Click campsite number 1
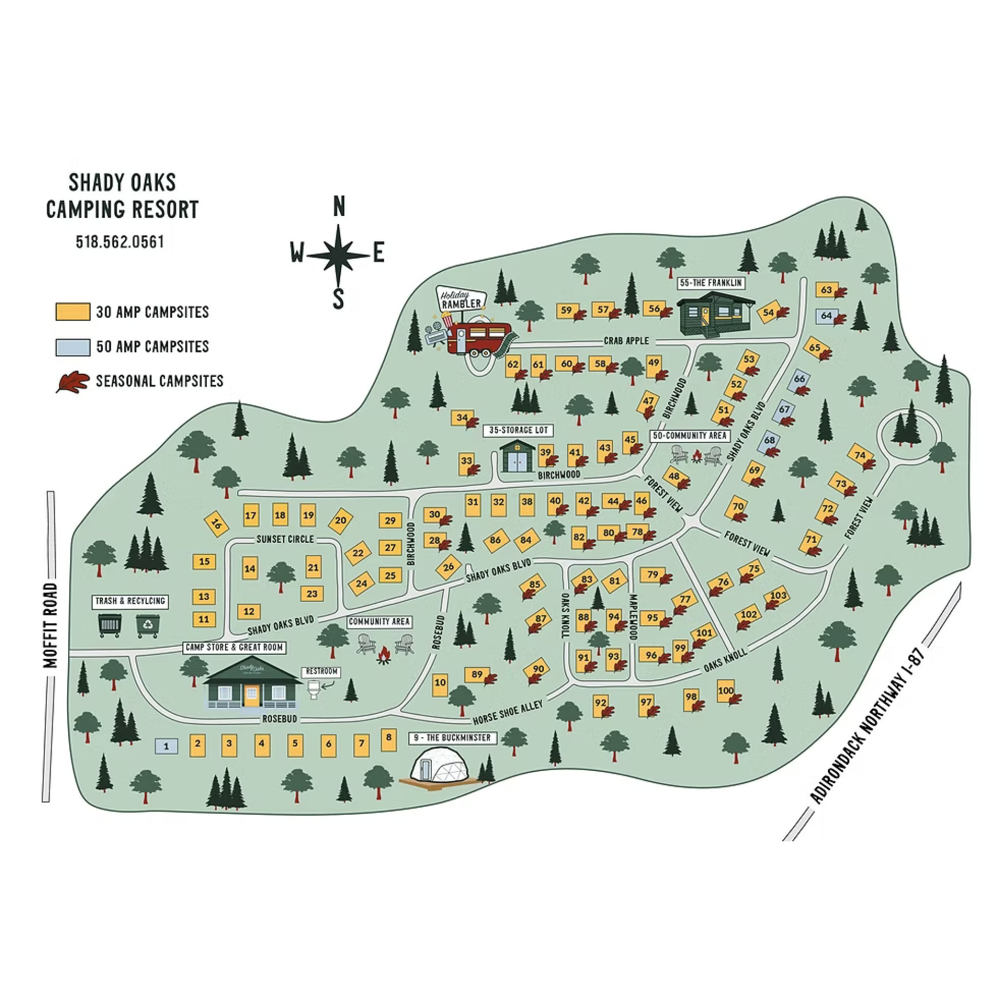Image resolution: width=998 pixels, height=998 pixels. [166, 746]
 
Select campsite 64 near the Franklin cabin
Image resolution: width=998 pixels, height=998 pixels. [826, 316]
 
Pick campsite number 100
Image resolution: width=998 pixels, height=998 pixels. [726, 691]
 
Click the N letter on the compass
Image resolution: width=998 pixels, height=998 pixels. [339, 207]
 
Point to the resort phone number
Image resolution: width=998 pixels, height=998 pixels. [120, 242]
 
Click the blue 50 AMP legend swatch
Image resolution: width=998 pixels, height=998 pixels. [73, 346]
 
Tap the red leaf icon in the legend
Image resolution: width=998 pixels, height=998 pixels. [73, 382]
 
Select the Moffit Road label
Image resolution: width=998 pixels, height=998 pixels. [51, 625]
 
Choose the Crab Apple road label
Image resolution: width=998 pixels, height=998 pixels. [626, 341]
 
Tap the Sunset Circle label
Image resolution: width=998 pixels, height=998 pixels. [285, 539]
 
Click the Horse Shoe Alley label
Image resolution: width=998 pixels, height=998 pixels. [508, 713]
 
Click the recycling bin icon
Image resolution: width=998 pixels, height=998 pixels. [148, 625]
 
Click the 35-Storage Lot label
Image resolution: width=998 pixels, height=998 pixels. [518, 430]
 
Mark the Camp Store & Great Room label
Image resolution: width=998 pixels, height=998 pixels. [234, 647]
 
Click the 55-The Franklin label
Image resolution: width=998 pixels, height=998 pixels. [711, 283]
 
